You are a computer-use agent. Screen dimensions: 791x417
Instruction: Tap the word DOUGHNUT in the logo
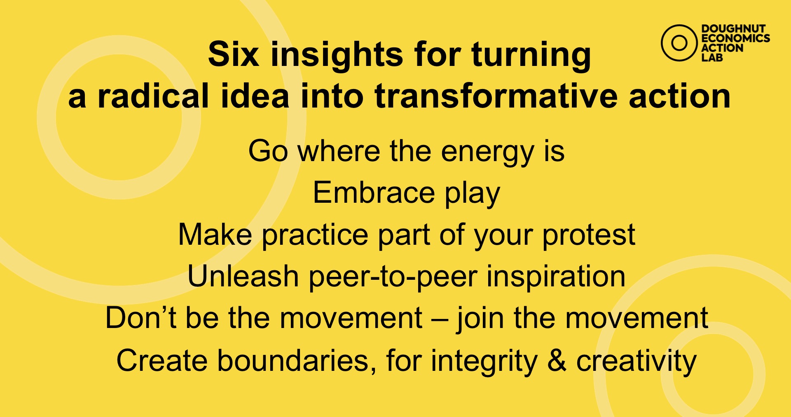point(733,29)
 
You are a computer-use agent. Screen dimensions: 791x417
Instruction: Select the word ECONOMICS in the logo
point(736,38)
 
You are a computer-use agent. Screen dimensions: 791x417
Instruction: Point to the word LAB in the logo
point(712,57)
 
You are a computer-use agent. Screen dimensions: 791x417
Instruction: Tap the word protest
point(589,236)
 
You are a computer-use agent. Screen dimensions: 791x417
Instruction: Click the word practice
point(315,236)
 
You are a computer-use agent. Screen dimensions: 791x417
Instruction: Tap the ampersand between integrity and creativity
point(557,361)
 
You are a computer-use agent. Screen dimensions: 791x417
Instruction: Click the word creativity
point(636,362)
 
